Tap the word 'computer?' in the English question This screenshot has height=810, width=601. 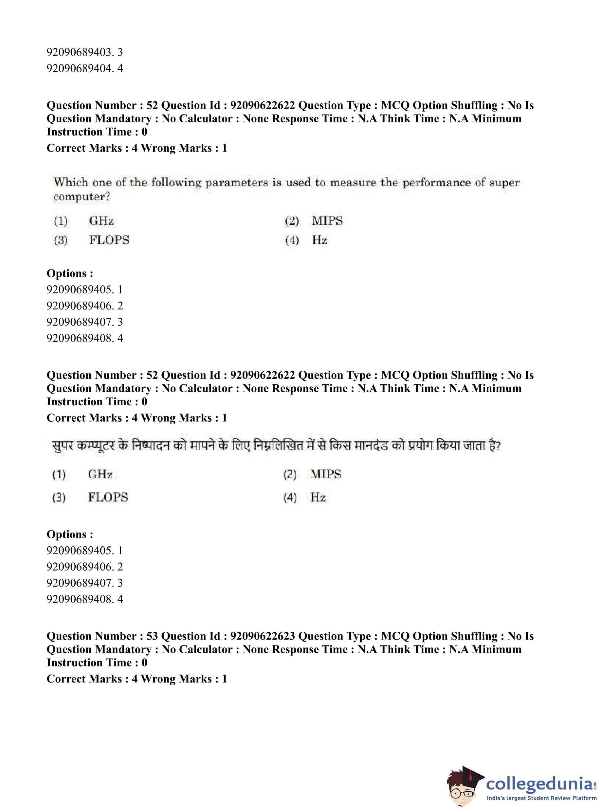(x=82, y=197)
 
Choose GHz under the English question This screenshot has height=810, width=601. (x=101, y=221)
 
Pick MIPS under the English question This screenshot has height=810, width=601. (x=327, y=221)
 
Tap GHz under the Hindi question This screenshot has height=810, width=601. (x=100, y=474)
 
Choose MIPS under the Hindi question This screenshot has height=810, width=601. (x=326, y=474)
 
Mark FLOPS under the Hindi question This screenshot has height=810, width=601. (x=108, y=497)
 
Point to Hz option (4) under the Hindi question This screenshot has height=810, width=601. (x=318, y=497)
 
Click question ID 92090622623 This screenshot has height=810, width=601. (x=262, y=636)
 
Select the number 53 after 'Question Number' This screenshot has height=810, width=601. (x=152, y=636)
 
